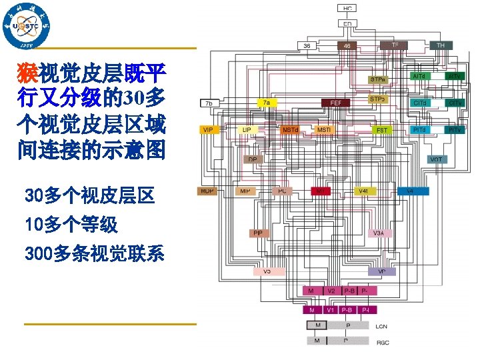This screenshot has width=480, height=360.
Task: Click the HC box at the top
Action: [347, 9]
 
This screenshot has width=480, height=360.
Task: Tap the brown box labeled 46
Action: [346, 45]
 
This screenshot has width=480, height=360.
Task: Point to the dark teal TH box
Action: [441, 45]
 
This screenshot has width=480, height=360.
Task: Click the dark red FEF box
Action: [336, 103]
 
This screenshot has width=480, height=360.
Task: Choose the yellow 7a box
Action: [267, 103]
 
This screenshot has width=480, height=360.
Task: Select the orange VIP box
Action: [208, 129]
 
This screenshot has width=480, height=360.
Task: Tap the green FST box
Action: [382, 129]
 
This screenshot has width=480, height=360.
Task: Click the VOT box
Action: [436, 159]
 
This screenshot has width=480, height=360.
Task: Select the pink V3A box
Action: [378, 233]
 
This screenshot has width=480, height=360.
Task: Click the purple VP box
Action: [381, 271]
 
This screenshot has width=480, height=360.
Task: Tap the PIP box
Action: [257, 233]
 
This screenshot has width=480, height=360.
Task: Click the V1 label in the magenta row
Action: [331, 310]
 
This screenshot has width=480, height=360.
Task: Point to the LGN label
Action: [381, 326]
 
